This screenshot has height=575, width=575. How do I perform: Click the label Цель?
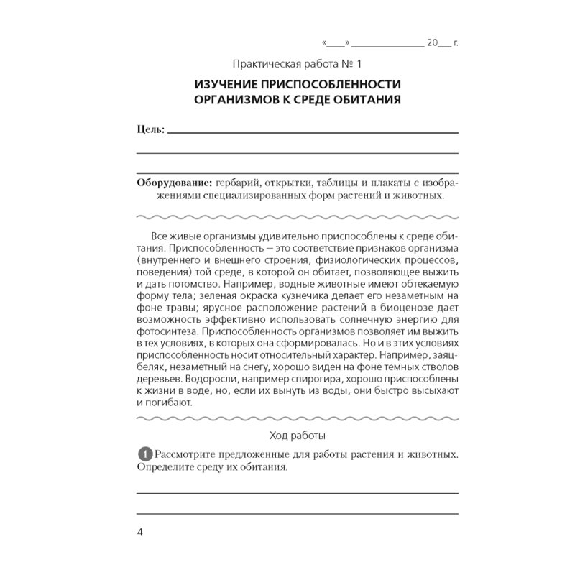pyautogui.click(x=150, y=130)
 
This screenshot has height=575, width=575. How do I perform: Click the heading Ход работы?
pyautogui.click(x=297, y=435)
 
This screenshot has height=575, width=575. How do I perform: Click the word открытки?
pyautogui.click(x=297, y=183)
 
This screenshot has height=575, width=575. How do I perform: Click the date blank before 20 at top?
pyautogui.click(x=387, y=44)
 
